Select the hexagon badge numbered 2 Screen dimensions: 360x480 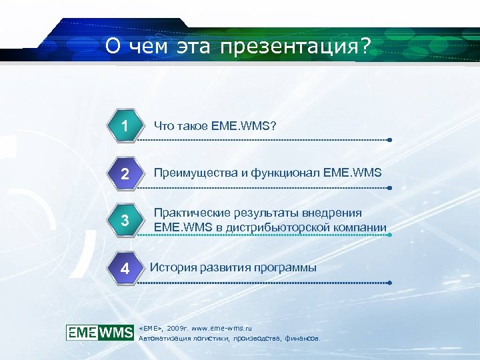pyautogui.click(x=125, y=174)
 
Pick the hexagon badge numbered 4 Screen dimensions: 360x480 pyautogui.click(x=125, y=269)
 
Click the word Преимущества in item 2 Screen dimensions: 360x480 pyautogui.click(x=196, y=173)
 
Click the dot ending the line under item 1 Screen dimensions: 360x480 pyautogui.click(x=389, y=141)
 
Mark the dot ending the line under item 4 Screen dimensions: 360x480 pyautogui.click(x=389, y=283)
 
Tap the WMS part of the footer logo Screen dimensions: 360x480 pyautogui.click(x=117, y=332)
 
